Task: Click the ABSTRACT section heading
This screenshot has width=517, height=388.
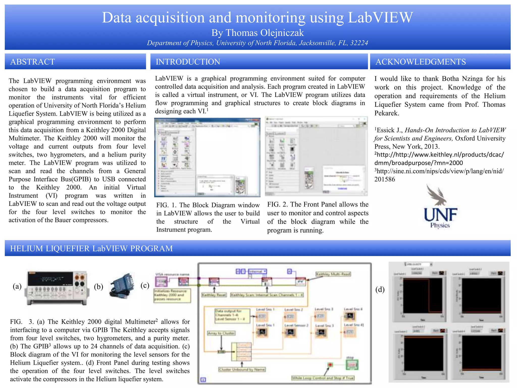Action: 33,62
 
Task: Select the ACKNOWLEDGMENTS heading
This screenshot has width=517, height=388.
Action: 421,62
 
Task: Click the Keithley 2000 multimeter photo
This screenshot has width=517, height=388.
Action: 57,288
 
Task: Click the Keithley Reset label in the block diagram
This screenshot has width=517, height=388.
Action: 214,295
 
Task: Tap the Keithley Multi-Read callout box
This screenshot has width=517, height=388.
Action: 333,274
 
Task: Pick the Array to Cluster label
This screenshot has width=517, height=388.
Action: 221,333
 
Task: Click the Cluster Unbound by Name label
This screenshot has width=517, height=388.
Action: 242,370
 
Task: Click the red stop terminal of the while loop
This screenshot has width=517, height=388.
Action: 330,365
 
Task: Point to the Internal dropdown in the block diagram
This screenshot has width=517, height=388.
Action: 257,272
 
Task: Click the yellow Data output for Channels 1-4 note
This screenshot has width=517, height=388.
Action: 232,315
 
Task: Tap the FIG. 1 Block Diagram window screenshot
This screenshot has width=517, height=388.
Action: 207,157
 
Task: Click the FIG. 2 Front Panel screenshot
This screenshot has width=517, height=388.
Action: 316,156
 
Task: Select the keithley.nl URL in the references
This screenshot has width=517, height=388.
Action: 439,159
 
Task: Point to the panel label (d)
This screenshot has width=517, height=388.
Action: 380,289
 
